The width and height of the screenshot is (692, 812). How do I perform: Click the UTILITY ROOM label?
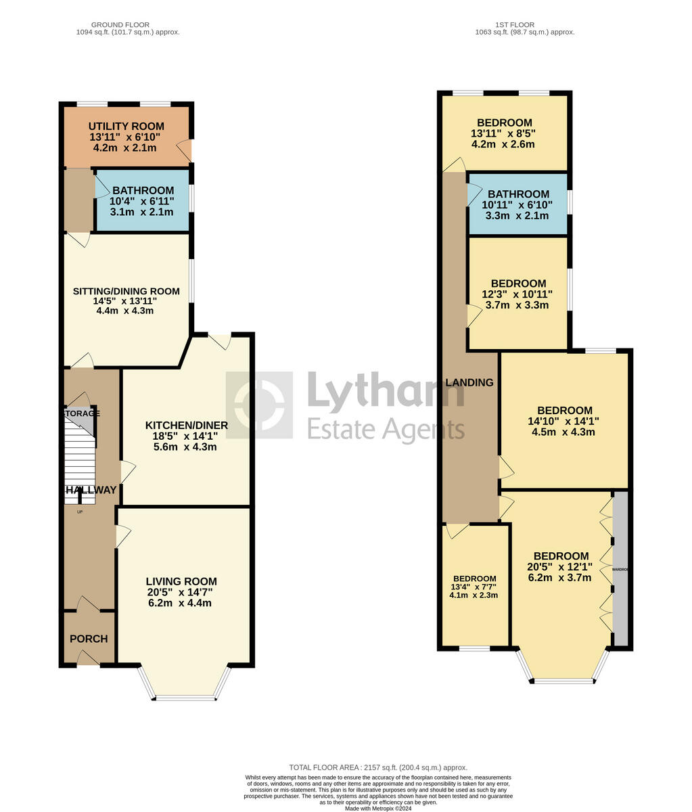[126, 127]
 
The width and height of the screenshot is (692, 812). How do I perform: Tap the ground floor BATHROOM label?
[143, 191]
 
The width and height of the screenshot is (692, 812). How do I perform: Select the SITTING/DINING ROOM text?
[126, 292]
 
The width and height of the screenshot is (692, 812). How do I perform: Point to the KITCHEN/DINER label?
[187, 426]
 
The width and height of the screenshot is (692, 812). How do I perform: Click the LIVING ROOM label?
[181, 581]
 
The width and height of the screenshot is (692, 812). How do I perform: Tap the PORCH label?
[89, 639]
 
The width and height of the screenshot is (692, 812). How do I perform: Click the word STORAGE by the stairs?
[82, 413]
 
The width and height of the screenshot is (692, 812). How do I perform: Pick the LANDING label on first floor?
[469, 382]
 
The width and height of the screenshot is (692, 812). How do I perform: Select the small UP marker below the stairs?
[80, 512]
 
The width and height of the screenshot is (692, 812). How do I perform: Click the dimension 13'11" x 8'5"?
[503, 133]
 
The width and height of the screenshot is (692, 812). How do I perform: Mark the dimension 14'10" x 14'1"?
[564, 421]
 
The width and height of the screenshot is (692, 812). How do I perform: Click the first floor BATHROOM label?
[519, 194]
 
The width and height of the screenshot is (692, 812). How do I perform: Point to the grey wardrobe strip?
[620, 569]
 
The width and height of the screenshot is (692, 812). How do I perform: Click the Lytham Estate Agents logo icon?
[259, 405]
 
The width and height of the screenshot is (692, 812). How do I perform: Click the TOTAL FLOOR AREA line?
[378, 767]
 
